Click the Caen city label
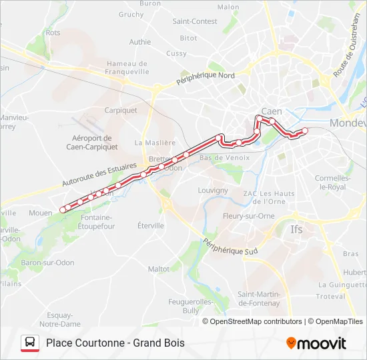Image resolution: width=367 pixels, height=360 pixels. [x=272, y=111]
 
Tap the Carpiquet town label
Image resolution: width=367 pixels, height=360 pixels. [x=121, y=111]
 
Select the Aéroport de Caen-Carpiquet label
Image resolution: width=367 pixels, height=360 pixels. [x=94, y=143]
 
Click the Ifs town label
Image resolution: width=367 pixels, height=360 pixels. [x=296, y=229]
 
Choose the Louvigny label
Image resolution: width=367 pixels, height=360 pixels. [x=213, y=190]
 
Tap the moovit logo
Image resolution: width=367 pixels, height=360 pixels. [x=316, y=343]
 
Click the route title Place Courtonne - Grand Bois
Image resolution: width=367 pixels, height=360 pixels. [x=115, y=343]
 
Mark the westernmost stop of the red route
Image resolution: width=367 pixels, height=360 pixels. [x=63, y=209]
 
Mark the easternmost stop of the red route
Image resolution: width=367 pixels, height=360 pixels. [x=305, y=131]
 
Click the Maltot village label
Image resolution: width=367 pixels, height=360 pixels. [x=159, y=269]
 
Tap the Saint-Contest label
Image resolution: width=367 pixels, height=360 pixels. [x=195, y=21]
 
